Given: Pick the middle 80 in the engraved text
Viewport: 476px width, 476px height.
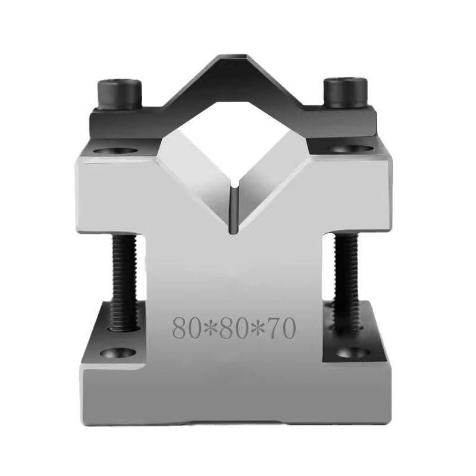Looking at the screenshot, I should tap(234, 328).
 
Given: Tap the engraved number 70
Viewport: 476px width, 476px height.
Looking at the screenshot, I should tap(280, 328).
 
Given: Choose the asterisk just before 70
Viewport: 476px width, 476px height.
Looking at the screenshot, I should tap(257, 328).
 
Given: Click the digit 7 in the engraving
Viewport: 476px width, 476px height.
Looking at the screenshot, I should tap(273, 328).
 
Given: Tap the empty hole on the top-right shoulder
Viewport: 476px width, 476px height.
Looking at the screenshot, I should tap(348, 149).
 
